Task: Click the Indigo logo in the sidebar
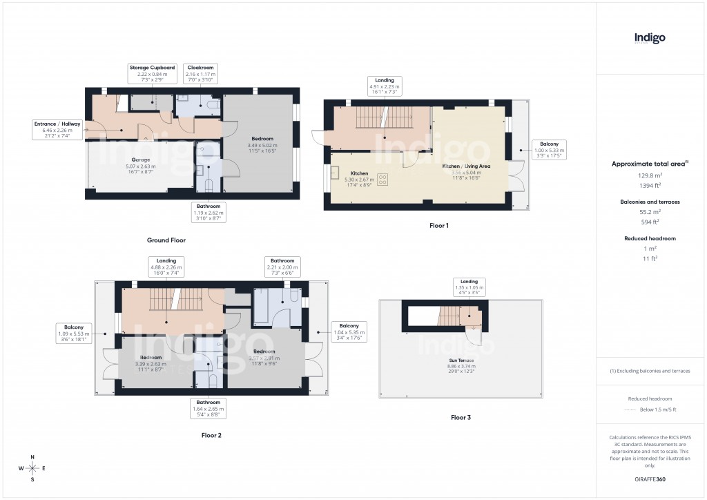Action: point(650,39)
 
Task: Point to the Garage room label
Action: point(142,163)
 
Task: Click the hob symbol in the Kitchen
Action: point(382,181)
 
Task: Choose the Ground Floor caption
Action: point(166,240)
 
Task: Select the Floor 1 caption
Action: point(438,225)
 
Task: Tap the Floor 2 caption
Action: point(211,435)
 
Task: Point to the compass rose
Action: point(32,468)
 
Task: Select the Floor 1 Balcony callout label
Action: point(550,150)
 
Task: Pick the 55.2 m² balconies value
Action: point(649,212)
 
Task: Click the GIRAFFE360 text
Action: point(650,479)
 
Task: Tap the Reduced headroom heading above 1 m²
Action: point(649,238)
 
